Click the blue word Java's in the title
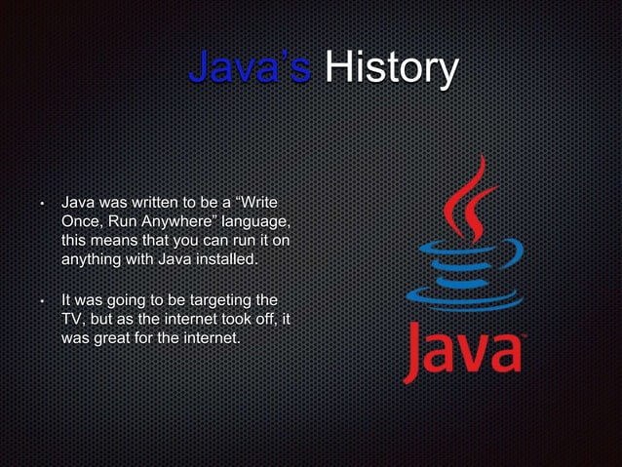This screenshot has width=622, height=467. [250, 69]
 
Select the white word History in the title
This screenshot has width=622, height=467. [390, 69]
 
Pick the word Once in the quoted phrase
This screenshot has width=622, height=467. [82, 221]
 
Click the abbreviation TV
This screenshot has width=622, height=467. [73, 318]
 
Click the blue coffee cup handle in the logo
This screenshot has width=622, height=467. [513, 256]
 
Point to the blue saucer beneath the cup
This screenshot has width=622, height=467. [458, 296]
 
